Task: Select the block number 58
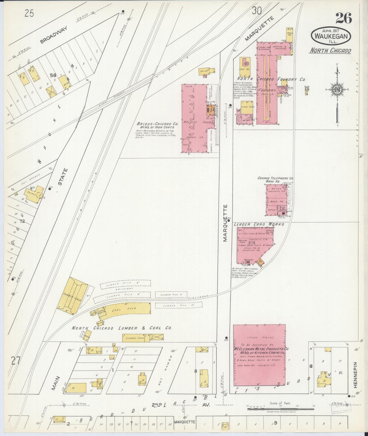click(x=53, y=75)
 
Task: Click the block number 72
click(x=22, y=221)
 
